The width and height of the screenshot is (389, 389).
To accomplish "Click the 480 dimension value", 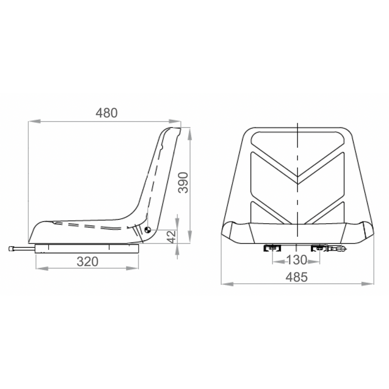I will tap(106, 113).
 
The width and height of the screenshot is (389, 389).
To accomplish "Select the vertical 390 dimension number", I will tap(182, 182).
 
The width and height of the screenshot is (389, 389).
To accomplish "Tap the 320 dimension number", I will tap(88, 262).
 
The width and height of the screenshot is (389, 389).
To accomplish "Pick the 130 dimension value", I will tap(296, 260).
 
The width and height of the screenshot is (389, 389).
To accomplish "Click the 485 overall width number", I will tap(296, 277).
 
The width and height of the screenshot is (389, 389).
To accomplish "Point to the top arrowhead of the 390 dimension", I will tap(189, 131).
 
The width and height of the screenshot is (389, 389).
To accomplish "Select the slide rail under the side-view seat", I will tap(88, 248).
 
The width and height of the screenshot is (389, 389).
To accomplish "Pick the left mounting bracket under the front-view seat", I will tap(272, 249).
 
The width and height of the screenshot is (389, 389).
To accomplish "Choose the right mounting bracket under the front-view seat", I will tap(320, 249).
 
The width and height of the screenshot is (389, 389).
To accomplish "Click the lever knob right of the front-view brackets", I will tap(340, 249).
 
